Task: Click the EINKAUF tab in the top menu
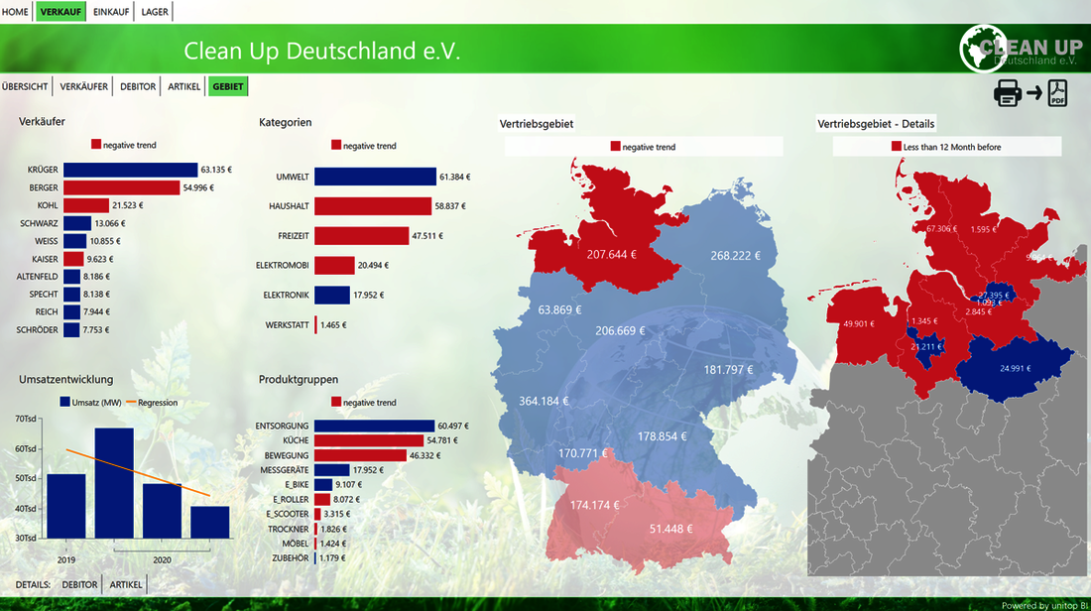click(110, 11)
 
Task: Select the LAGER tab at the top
click(155, 11)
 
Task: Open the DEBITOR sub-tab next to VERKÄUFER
click(138, 86)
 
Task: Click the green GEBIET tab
click(227, 86)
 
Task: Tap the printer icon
click(1008, 93)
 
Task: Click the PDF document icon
click(1058, 93)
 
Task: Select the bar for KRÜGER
click(130, 170)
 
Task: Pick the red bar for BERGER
click(120, 187)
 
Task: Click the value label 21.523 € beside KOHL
click(127, 205)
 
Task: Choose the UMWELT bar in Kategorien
click(375, 177)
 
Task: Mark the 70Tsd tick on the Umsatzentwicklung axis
click(26, 420)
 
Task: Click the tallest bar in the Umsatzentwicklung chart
click(114, 483)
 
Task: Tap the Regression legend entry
click(157, 402)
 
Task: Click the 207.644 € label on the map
click(611, 254)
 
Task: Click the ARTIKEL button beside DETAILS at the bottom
click(126, 584)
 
